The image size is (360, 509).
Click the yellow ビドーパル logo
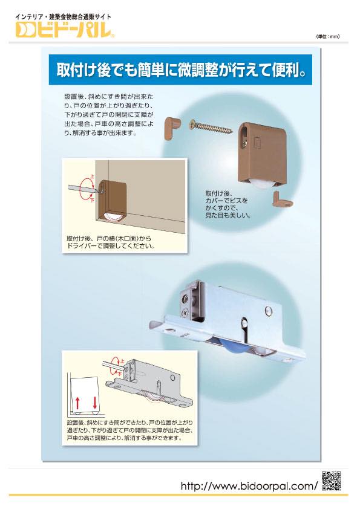pos(65,30)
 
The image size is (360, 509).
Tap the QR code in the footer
pos(332,481)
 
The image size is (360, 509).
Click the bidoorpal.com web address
pos(249,485)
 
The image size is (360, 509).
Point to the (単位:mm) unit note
pos(327,37)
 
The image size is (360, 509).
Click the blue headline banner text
pos(181,70)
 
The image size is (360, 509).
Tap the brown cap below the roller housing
pos(282,199)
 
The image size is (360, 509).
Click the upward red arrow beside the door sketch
pos(77,403)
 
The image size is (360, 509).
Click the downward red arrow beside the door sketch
pos(94,403)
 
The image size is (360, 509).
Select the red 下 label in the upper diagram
pos(92,199)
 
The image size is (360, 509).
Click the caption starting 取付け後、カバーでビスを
pos(227,204)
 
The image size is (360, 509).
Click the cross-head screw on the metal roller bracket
pos(185,313)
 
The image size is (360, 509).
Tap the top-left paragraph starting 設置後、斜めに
pos(109,115)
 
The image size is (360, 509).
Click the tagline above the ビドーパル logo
pos(63,16)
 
